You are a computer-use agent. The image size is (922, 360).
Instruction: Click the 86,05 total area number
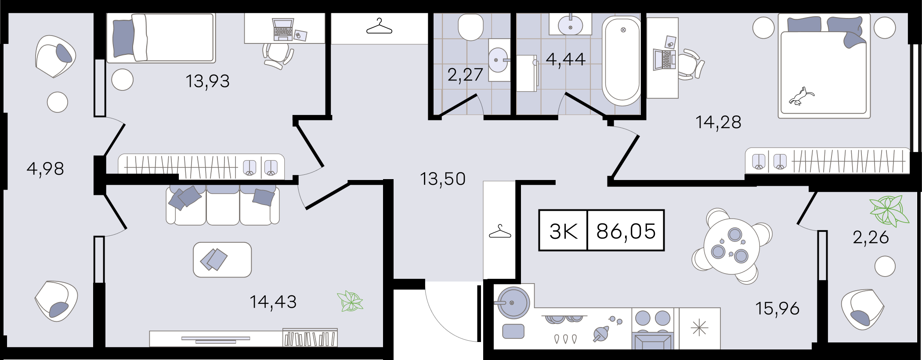(x=626, y=231)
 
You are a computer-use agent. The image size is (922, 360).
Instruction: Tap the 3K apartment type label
(x=564, y=231)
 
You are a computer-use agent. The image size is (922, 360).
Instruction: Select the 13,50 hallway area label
(x=443, y=179)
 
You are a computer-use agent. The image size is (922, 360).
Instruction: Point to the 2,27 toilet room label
(x=465, y=75)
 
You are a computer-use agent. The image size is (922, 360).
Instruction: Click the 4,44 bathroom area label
(x=566, y=59)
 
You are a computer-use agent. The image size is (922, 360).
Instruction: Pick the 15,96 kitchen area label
(x=777, y=309)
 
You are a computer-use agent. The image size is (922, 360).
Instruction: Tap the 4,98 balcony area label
(x=45, y=169)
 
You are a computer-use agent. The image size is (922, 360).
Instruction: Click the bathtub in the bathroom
(x=622, y=61)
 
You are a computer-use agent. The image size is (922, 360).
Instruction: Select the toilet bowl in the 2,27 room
(x=470, y=27)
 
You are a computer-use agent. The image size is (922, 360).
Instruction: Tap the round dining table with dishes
(x=731, y=246)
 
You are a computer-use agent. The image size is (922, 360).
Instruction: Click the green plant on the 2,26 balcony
(x=889, y=210)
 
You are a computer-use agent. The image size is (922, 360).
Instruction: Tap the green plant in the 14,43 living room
(x=350, y=301)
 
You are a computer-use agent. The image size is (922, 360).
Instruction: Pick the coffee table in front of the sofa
(x=222, y=259)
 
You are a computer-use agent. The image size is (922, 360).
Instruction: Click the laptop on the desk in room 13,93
(x=283, y=29)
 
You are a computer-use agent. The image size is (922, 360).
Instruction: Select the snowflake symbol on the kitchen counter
(x=699, y=328)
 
